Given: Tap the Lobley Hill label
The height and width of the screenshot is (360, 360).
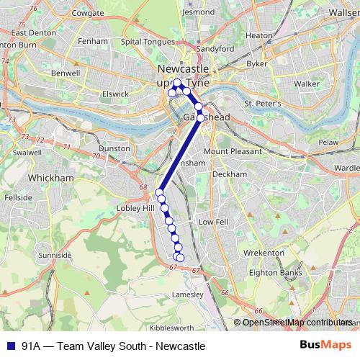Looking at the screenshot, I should (135, 208).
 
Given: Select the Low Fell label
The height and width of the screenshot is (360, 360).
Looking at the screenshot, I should (212, 222).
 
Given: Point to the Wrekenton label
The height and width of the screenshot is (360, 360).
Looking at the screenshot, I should (264, 253).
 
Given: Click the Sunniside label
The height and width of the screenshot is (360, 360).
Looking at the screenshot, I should (55, 255).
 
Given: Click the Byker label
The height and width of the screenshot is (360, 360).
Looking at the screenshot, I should (257, 64).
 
